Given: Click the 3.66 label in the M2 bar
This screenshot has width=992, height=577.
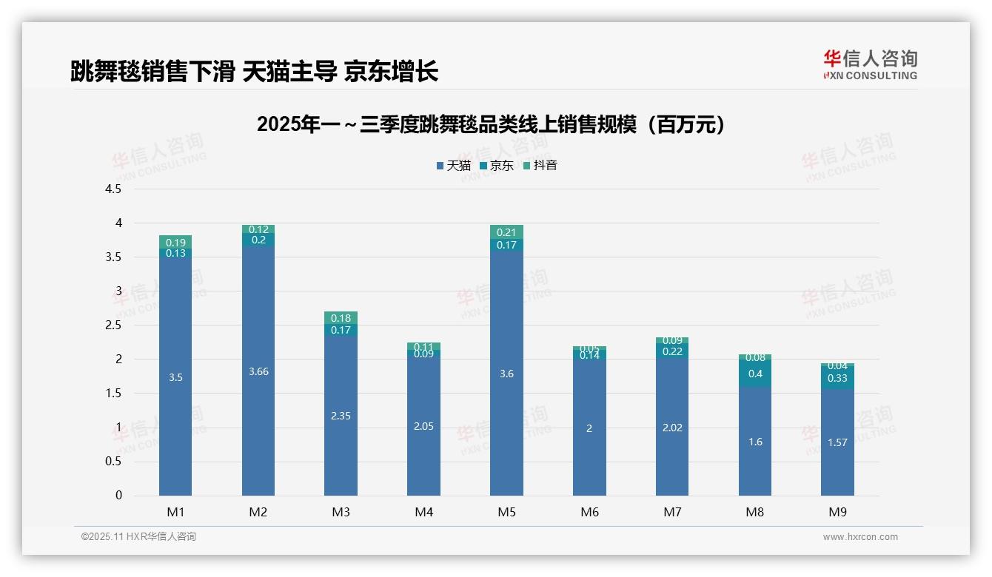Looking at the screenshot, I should pos(258,371).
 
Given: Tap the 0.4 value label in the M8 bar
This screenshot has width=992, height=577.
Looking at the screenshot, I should pos(755,374).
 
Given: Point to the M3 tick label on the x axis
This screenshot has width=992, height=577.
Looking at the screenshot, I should pos(341,512).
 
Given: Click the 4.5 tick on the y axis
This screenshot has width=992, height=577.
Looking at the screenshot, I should pos(113,189).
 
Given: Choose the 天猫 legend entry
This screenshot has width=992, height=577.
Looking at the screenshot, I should pos(453,166).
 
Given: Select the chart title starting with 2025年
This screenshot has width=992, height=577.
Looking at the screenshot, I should pos(491,124).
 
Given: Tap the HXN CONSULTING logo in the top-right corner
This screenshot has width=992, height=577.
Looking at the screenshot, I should pos(870,64).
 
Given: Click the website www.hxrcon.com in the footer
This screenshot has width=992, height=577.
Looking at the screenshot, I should pos(860,537).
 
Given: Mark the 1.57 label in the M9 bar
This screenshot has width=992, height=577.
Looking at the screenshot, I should pos(838,442).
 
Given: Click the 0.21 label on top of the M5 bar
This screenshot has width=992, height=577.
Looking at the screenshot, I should pos(506,232).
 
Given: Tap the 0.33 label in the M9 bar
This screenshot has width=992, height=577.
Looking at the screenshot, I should pos(838,378).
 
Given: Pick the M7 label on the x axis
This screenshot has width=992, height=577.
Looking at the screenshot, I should pos(672,512).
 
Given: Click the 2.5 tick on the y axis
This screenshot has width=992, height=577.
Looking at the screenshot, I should pos(113,325).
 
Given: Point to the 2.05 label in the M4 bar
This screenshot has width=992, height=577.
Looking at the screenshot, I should pos(423,426).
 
